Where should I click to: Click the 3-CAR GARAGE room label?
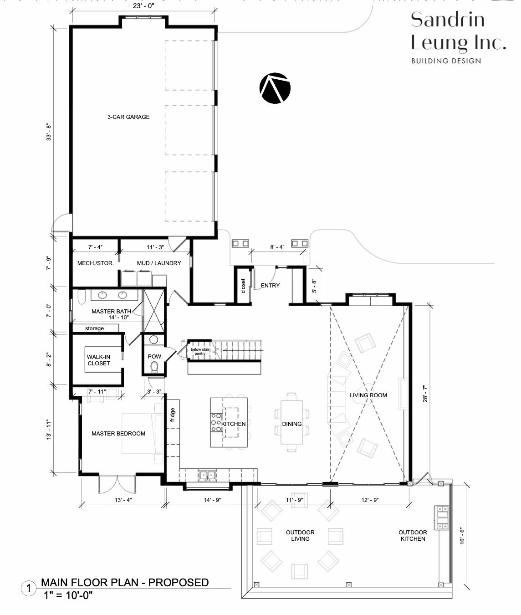128,117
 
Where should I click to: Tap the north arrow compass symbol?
275,88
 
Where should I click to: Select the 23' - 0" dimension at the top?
143,6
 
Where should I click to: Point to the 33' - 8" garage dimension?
48,133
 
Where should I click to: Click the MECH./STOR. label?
96,263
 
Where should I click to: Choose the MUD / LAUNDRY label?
159,263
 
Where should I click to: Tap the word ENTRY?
270,285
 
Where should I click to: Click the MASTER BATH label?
111,311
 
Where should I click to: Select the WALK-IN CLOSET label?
98,360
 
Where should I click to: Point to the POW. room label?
155,356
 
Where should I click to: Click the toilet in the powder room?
154,367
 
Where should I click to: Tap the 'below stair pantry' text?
200,351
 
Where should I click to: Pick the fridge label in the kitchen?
173,415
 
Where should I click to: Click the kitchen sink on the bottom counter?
208,475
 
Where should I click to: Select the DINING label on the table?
292,424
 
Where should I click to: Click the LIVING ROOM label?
368,395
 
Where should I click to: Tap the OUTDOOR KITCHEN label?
413,535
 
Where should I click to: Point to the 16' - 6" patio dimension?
462,536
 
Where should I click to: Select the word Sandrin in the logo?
448,20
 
